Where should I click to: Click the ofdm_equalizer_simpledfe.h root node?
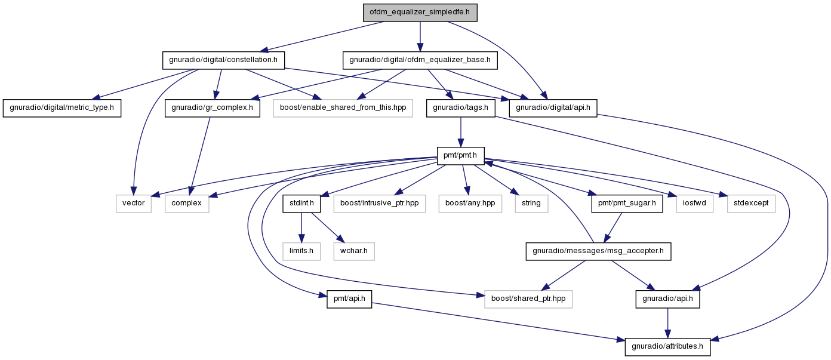(x=420, y=13)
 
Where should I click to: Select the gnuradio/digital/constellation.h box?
(x=223, y=60)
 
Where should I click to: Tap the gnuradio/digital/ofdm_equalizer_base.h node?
(x=420, y=60)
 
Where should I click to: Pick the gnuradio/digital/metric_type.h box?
(x=62, y=108)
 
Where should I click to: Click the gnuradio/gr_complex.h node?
(x=212, y=108)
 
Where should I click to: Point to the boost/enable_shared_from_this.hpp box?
(x=343, y=108)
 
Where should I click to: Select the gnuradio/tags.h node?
(x=461, y=108)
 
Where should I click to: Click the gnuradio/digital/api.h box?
(x=553, y=108)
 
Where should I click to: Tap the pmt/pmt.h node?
(x=461, y=156)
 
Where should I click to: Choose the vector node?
(x=134, y=204)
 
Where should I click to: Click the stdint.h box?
(x=301, y=204)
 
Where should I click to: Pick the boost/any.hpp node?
(x=470, y=204)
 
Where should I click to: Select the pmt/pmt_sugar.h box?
(x=627, y=204)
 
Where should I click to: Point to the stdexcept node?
(x=751, y=204)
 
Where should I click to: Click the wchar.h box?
(x=354, y=251)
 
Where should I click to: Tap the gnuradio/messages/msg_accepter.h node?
(x=598, y=251)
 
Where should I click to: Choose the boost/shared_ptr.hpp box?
(x=528, y=299)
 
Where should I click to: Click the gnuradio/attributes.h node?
(x=668, y=347)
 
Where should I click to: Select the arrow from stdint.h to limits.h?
(x=301, y=227)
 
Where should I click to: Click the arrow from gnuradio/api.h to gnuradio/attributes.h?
(x=668, y=323)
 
